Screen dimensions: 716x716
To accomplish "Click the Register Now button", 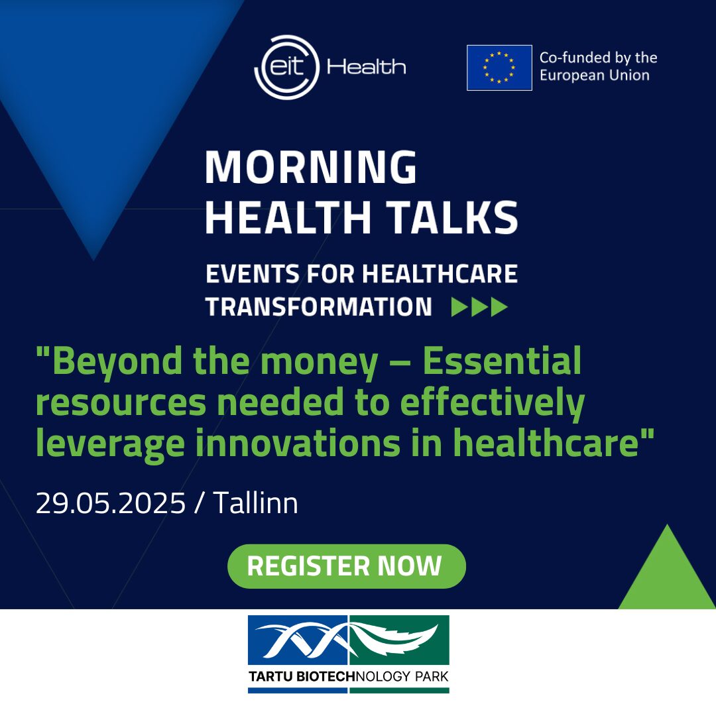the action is [347, 566].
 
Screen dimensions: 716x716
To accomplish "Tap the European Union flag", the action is [499, 68].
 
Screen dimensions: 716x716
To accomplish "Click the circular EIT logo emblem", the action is [287, 67].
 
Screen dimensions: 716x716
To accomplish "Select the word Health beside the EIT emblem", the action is [366, 67].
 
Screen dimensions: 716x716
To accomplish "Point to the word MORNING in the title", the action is [311, 167].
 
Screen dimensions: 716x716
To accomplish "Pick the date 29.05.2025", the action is [111, 503].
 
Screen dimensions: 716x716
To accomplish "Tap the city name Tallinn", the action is [256, 503].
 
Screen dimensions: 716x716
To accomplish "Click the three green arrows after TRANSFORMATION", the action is [479, 306].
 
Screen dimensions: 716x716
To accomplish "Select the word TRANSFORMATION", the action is [319, 306].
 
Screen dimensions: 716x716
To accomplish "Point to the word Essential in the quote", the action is [502, 360].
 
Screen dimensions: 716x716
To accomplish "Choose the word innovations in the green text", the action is [298, 443].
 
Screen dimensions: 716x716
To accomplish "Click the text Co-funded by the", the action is [598, 58].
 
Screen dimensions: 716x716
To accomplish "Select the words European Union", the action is [595, 75].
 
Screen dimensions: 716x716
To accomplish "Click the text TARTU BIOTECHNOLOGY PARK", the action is [349, 676].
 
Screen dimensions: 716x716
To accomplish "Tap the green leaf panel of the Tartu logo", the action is [399, 640].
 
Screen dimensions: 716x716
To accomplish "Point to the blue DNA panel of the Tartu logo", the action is [298, 640].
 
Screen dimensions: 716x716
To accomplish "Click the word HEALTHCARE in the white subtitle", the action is [440, 274].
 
